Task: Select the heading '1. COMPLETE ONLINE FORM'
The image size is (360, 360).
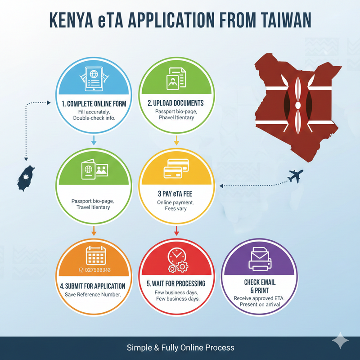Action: pyautogui.click(x=94, y=103)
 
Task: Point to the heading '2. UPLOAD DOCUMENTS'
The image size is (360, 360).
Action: pyautogui.click(x=175, y=103)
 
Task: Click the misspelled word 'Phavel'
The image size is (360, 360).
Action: pyautogui.click(x=169, y=118)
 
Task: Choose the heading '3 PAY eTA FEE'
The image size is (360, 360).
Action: pyautogui.click(x=175, y=193)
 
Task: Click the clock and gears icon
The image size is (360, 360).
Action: pyautogui.click(x=176, y=261)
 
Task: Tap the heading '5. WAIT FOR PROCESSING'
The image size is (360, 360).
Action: pyautogui.click(x=176, y=283)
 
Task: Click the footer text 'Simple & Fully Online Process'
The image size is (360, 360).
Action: pyautogui.click(x=180, y=347)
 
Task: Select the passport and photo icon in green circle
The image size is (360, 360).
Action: pyautogui.click(x=94, y=171)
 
